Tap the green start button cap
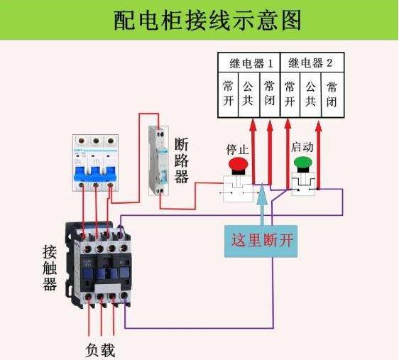[x=302, y=163]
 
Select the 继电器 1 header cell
[x=250, y=62]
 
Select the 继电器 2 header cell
[x=310, y=62]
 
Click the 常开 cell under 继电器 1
[x=228, y=93]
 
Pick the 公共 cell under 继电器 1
[x=248, y=93]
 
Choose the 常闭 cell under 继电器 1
[x=269, y=93]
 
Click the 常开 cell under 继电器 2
[x=290, y=93]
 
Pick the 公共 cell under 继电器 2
[x=310, y=93]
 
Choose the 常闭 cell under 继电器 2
[x=331, y=93]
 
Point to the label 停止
[x=237, y=150]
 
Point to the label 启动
[x=302, y=146]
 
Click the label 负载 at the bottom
[x=100, y=350]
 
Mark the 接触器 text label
[x=49, y=268]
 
